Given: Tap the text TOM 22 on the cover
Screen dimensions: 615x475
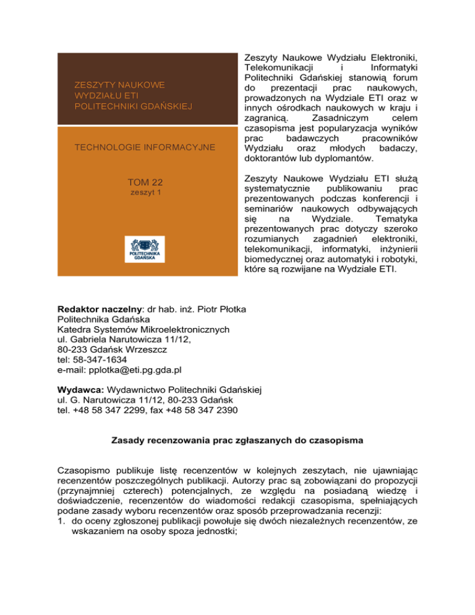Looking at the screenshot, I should [146, 183].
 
